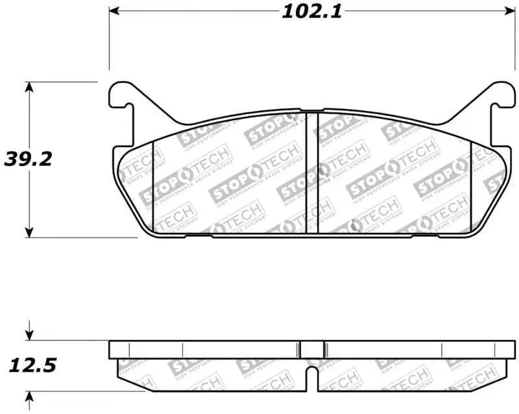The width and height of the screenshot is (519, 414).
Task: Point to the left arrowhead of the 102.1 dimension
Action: click(115, 12)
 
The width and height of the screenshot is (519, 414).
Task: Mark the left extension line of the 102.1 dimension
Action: click(109, 39)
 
